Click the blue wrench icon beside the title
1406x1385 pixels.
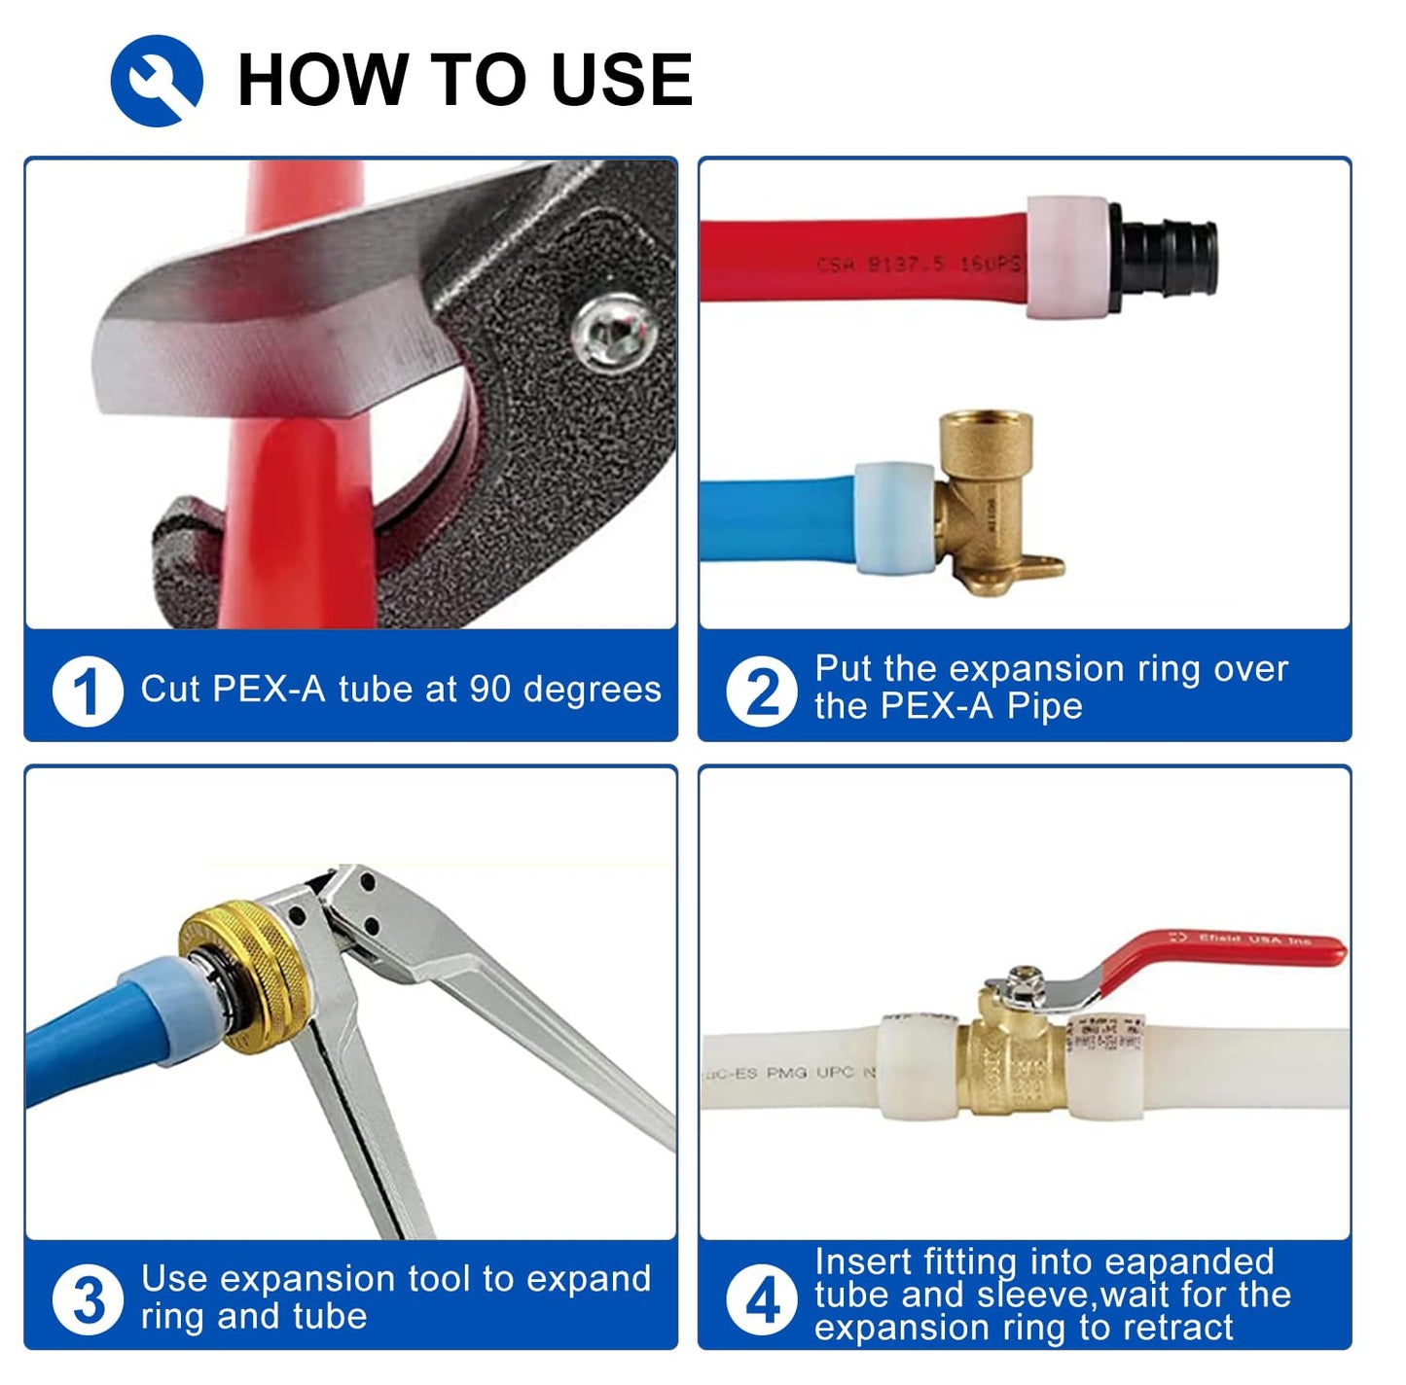pyautogui.click(x=157, y=81)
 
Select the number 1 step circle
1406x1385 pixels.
pyautogui.click(x=88, y=692)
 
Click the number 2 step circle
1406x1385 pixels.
pyautogui.click(x=762, y=692)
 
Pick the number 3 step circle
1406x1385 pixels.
pyautogui.click(x=88, y=1299)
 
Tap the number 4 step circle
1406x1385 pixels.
pyautogui.click(x=762, y=1299)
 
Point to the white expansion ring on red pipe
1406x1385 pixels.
pyautogui.click(x=1067, y=257)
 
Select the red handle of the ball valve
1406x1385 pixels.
pyautogui.click(x=1226, y=958)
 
